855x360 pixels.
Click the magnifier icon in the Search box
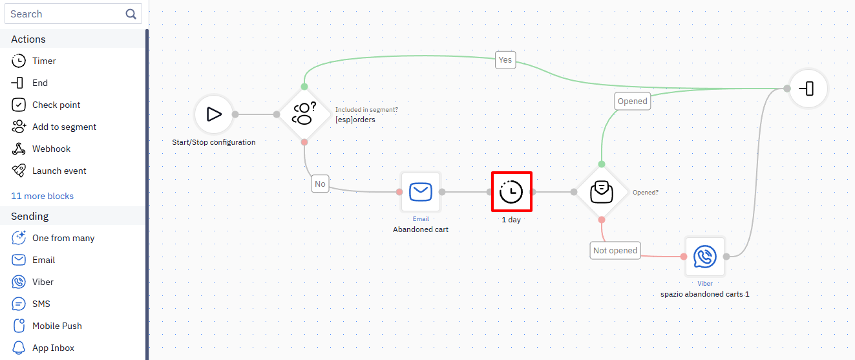point(131,14)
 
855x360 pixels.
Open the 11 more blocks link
point(43,196)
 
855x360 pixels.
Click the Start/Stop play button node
point(214,114)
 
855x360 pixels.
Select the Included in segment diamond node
point(304,114)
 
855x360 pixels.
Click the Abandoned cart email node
point(421,192)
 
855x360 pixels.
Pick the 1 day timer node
point(511,192)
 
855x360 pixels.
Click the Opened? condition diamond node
point(602,192)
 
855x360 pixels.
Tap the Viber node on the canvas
point(704,257)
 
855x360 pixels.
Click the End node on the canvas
point(808,89)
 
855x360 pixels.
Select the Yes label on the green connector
point(505,60)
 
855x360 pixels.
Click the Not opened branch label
point(615,250)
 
